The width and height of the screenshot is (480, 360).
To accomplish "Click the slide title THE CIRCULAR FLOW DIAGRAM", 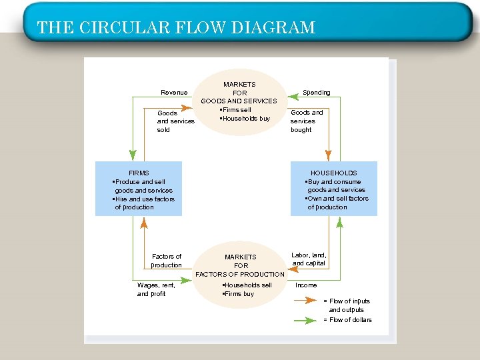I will tap(176, 27).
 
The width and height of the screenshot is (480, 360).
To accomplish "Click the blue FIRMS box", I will tap(138, 189).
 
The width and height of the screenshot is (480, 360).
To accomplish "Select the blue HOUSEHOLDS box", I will tap(333, 189).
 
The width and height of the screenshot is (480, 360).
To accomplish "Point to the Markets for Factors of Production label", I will tap(240, 265).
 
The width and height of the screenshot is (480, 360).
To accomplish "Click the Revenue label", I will tap(174, 92).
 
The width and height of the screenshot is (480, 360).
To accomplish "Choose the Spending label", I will tap(316, 92).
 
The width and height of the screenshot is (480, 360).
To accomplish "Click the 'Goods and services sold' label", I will tap(175, 121).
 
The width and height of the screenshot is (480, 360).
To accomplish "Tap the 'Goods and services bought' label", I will tap(307, 121).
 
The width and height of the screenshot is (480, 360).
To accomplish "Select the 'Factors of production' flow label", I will tap(166, 261).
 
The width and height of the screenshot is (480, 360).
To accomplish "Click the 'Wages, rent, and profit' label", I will tap(156, 289).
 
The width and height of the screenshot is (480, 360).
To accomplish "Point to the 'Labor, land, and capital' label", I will tap(309, 259).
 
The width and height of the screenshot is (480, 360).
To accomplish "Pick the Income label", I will tap(306, 285).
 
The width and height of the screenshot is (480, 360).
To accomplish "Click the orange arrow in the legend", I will tap(305, 301).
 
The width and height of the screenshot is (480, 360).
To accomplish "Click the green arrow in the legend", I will tap(305, 320).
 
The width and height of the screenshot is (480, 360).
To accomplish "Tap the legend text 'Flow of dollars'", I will tap(347, 320).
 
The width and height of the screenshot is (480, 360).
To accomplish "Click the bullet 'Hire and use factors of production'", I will tap(143, 203).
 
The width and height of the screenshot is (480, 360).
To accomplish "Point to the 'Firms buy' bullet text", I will tap(239, 294).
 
